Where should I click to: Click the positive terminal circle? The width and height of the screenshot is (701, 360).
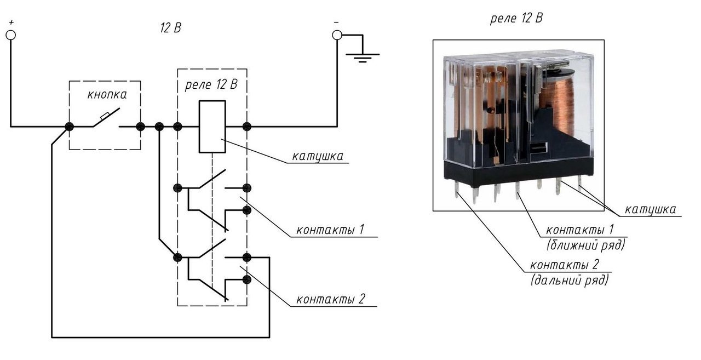coord(10,35)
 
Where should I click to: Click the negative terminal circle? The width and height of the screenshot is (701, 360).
coord(337,35)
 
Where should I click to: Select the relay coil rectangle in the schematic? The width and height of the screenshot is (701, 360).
coord(212,127)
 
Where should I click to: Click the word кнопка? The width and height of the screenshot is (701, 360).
coord(107,94)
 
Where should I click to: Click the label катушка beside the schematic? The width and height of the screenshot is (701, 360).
coord(318,156)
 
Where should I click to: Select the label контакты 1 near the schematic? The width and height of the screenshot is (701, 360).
coord(330,229)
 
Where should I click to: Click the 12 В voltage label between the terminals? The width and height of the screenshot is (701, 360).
coord(170,29)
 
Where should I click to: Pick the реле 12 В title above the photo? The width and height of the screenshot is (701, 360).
coord(516,18)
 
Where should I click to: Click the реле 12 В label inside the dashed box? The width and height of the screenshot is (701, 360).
coord(212,85)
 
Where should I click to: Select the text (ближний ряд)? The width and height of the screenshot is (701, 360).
coord(585,244)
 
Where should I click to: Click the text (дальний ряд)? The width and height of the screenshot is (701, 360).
coord(569,281)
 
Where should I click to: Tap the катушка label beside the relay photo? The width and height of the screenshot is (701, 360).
coord(650,209)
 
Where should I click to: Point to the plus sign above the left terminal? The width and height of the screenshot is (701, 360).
coord(10,22)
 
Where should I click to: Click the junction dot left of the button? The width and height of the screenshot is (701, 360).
coord(69,127)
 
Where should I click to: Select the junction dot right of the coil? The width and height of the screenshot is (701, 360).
coord(247,127)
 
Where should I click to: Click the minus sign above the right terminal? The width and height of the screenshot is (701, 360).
coord(336,22)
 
